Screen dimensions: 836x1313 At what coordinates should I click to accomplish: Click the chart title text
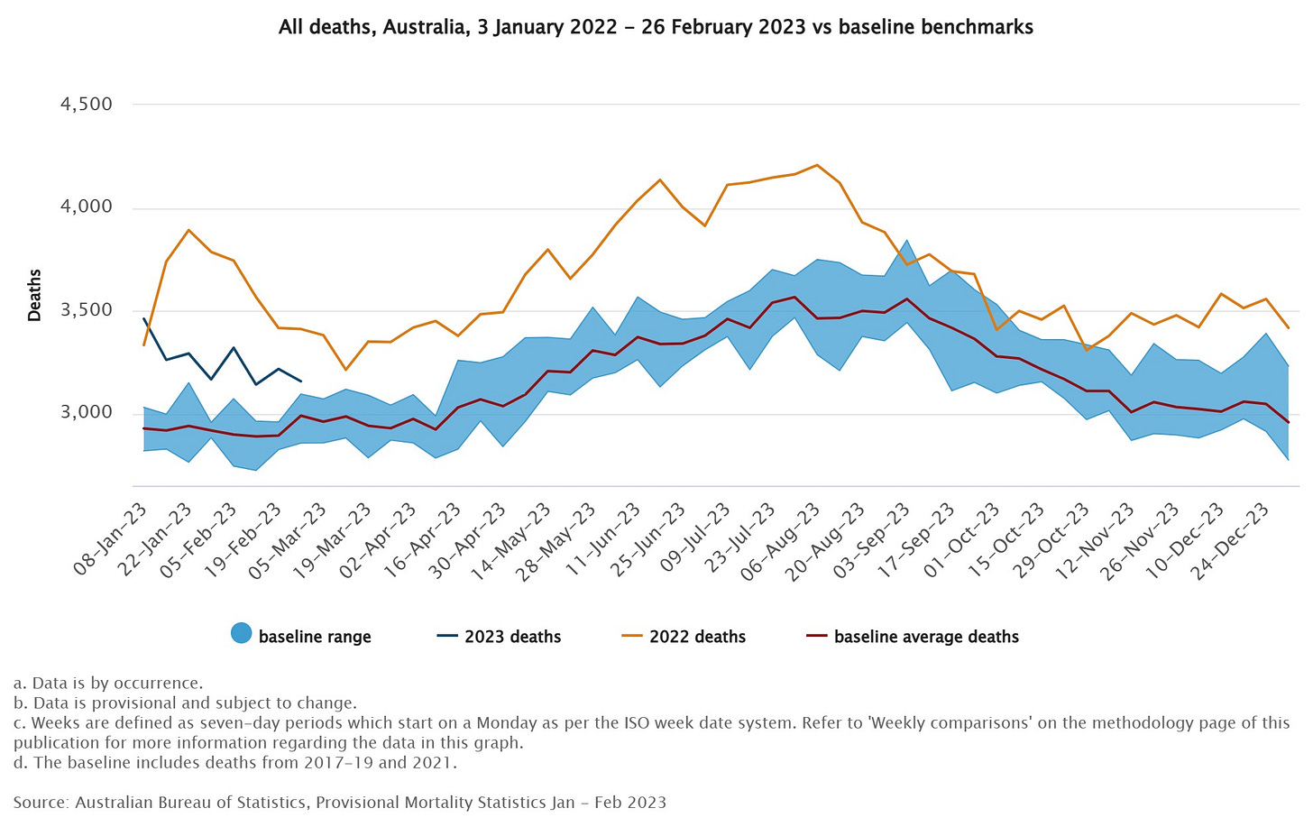click(656, 27)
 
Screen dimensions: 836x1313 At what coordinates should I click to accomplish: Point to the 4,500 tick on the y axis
click(86, 105)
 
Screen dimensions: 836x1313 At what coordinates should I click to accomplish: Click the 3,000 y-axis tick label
click(86, 413)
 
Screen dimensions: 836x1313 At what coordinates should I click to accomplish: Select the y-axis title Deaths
click(34, 295)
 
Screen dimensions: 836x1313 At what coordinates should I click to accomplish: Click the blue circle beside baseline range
click(241, 634)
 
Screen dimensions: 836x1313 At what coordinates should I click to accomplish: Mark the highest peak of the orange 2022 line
click(817, 165)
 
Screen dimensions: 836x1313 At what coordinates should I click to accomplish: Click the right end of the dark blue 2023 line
click(301, 381)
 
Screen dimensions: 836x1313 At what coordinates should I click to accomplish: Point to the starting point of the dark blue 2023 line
click(144, 318)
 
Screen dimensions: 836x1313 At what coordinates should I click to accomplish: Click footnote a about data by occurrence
click(108, 684)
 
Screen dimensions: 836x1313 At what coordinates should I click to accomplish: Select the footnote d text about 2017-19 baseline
click(235, 763)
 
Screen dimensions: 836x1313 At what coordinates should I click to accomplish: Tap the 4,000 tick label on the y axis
click(86, 207)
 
